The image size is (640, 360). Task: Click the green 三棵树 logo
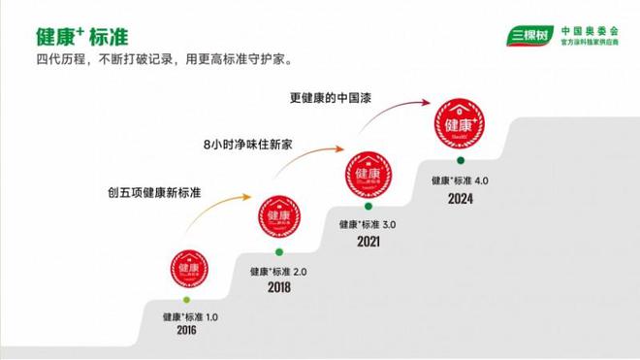pyautogui.click(x=526, y=38)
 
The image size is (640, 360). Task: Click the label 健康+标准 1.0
pyautogui.click(x=191, y=316)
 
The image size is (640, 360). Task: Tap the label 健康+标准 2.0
pyautogui.click(x=278, y=272)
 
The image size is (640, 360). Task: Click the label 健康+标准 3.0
pyautogui.click(x=368, y=223)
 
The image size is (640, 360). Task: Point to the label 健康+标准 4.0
pyautogui.click(x=461, y=180)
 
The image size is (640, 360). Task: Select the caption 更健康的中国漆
pyautogui.click(x=335, y=97)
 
